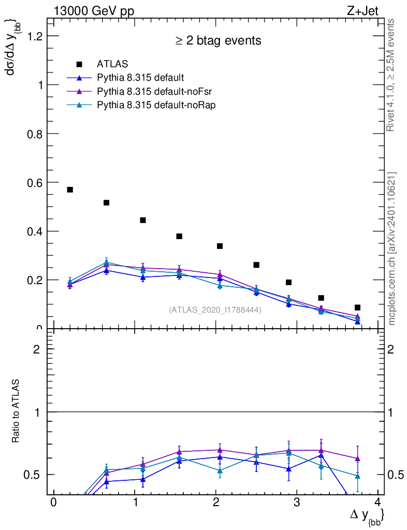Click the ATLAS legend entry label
(x=112, y=64)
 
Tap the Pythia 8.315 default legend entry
(x=140, y=78)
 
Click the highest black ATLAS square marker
(x=70, y=190)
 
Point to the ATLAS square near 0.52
(x=106, y=202)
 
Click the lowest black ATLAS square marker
(x=357, y=307)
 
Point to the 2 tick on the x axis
(x=216, y=503)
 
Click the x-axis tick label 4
(x=378, y=503)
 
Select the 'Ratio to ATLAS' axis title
(x=16, y=411)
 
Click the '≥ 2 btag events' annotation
(x=217, y=40)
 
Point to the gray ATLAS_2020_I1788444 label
(x=215, y=310)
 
